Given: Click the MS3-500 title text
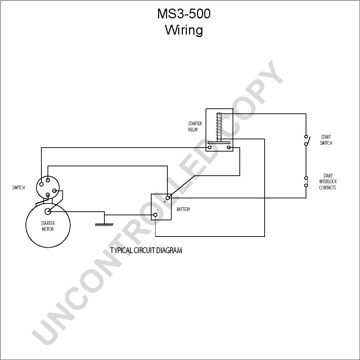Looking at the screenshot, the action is pos(184,14).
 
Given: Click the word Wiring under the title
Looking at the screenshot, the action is pos(184,30).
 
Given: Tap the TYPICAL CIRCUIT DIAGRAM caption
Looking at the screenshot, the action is pos(146,250).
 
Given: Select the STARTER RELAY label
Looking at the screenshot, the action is pos(195,126).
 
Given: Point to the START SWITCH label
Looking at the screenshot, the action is pos(326,140).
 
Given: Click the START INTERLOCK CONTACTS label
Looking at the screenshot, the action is pos(328,181).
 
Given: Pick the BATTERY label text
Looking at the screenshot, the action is pos(184,209).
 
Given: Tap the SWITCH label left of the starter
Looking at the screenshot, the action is pos(18,188).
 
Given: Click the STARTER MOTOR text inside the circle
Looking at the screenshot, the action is pos(48,226).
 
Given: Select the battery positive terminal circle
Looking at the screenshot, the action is pos(168,198).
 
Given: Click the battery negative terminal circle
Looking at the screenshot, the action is pos(156,215).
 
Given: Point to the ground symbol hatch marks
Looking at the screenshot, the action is pos(104,225).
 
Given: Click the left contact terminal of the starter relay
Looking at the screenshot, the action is pos(210,147).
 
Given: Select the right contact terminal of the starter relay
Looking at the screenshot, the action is pos(229,147).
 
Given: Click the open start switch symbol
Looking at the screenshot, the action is pos(307,140).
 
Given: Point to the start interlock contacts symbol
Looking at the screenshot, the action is pos(306,181).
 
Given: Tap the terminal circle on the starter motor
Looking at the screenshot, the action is pos(48,211).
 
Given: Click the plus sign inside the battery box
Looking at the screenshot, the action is pos(165,202).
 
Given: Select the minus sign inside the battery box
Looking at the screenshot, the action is pos(158,210).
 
